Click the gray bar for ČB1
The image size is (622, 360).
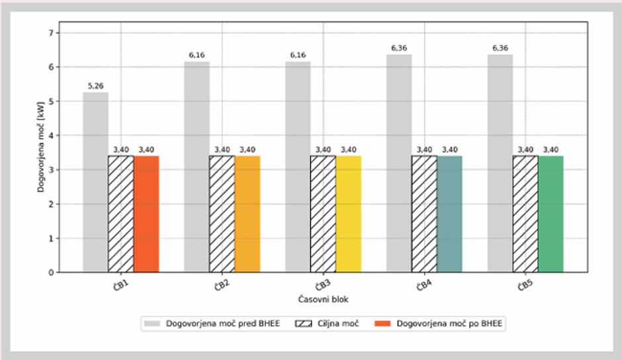click(95, 182)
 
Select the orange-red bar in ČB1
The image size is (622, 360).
click(146, 214)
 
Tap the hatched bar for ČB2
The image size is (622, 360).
click(222, 214)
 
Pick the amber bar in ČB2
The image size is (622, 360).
click(247, 214)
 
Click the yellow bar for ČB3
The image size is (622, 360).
click(349, 214)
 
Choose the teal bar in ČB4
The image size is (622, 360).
click(450, 214)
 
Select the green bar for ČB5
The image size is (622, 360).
click(551, 214)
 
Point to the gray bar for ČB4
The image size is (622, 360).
click(399, 163)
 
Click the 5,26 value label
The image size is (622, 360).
click(95, 86)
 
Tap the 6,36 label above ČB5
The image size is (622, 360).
click(500, 48)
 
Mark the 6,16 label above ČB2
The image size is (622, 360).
click(197, 55)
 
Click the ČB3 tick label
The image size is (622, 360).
click(323, 285)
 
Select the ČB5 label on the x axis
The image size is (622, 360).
click(525, 285)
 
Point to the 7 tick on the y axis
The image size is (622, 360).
click(51, 33)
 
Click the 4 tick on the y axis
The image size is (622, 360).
click(51, 136)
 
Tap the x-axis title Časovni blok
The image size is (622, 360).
click(324, 299)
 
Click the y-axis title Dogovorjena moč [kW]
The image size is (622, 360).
click(40, 148)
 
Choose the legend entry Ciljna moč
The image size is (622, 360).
click(328, 324)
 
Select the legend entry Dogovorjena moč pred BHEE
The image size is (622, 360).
click(212, 324)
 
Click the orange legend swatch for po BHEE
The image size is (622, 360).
click(383, 324)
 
